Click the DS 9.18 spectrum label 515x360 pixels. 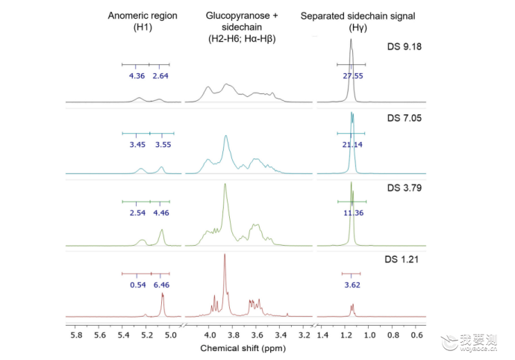(x=404, y=47)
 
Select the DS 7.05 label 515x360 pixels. (x=404, y=118)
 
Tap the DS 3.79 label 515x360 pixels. (x=404, y=187)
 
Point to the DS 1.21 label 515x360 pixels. (x=402, y=259)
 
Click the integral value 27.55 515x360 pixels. (x=353, y=76)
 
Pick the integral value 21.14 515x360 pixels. (x=352, y=145)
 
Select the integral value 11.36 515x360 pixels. (x=353, y=213)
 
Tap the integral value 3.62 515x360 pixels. (x=352, y=285)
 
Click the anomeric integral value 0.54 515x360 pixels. (x=138, y=285)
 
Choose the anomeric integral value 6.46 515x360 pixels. (x=162, y=285)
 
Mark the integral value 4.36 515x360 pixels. (x=137, y=76)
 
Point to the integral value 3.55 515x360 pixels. (x=163, y=145)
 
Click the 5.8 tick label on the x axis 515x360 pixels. (x=77, y=335)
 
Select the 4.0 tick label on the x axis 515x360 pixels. (x=210, y=335)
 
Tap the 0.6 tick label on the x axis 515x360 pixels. (x=416, y=335)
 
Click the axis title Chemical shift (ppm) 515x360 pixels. (x=243, y=348)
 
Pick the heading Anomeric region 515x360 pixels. (x=143, y=16)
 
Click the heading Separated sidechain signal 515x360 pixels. (x=358, y=16)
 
